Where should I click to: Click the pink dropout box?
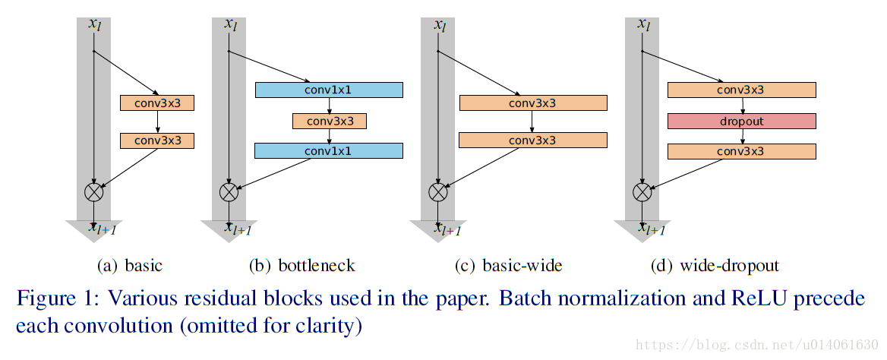click(x=741, y=122)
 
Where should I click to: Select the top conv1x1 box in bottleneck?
click(x=329, y=90)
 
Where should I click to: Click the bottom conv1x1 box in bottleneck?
click(x=329, y=151)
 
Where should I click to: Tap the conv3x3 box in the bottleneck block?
click(x=329, y=121)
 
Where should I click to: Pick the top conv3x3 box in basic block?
click(x=157, y=103)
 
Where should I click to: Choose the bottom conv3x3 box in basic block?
click(x=157, y=141)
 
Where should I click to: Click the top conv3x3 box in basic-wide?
click(x=532, y=103)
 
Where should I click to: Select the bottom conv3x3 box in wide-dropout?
click(x=741, y=152)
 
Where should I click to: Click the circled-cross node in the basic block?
click(x=93, y=191)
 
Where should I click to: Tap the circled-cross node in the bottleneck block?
click(x=229, y=191)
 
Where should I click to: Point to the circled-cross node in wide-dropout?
click(x=642, y=191)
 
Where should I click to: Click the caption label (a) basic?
click(x=130, y=266)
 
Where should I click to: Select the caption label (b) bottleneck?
click(x=301, y=266)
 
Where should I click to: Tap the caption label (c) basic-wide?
click(x=508, y=266)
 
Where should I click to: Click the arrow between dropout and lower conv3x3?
click(x=742, y=137)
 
